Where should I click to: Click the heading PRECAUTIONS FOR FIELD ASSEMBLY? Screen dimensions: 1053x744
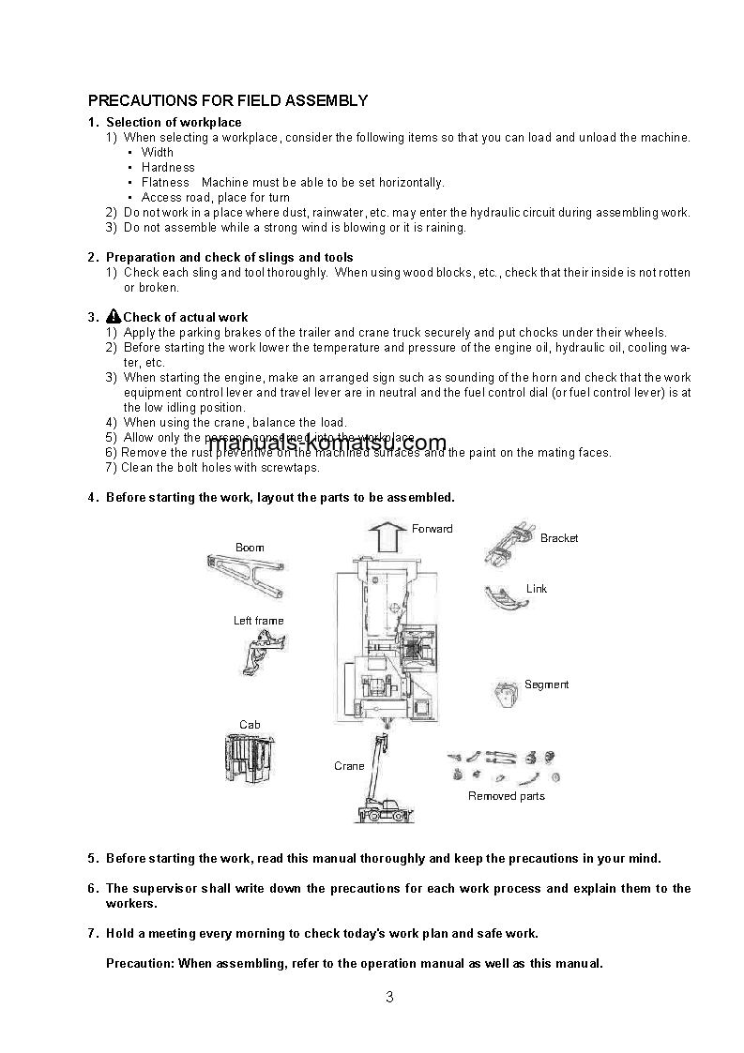pos(227,100)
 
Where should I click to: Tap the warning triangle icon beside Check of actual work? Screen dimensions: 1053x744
pos(114,317)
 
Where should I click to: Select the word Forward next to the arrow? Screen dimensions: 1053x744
pos(432,529)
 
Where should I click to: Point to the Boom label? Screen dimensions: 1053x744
pos(250,548)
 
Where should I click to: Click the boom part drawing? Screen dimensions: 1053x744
pos(245,574)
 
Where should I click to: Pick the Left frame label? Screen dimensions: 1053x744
pos(258,621)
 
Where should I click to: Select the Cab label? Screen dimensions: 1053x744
pos(250,725)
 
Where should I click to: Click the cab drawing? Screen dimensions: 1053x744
pos(249,758)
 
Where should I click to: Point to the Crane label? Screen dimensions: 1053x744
pos(349,766)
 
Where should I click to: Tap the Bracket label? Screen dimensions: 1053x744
pos(559,538)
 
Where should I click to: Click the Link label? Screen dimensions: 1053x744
pos(537,589)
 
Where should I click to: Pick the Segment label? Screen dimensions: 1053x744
pos(546,684)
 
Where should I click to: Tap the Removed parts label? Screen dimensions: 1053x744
pos(506,796)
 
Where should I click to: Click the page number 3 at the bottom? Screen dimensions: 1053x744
pos(389,997)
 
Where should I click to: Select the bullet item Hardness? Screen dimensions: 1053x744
pos(168,168)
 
